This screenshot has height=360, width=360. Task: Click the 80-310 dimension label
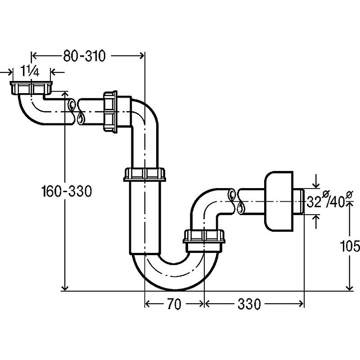pos(84,56)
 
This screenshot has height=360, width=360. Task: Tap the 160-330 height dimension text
pos(67,192)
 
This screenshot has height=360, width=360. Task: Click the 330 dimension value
pos(248,305)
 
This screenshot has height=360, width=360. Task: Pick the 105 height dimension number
pos(351,246)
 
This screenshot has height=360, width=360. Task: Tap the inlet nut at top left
pos(31,87)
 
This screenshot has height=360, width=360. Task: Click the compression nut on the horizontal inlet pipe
pos(110,112)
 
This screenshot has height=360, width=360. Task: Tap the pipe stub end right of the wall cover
pos(300,202)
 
